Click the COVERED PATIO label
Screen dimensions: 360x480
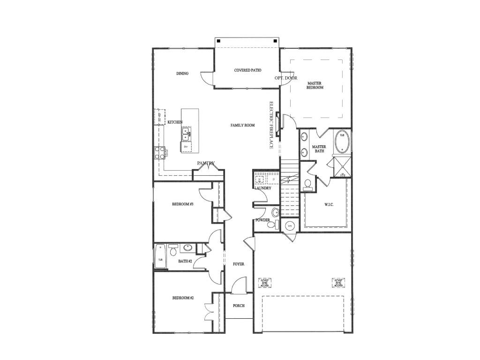tap(247, 70)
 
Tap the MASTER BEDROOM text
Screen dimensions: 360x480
tap(315, 85)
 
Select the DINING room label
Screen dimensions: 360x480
tap(182, 74)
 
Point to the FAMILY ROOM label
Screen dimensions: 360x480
tap(242, 125)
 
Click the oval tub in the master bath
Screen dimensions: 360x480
tap(342, 141)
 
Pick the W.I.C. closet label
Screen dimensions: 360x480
tap(329, 204)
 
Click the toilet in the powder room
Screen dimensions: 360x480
tap(271, 225)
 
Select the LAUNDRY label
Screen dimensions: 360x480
tap(262, 188)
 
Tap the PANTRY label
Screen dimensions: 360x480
tap(206, 163)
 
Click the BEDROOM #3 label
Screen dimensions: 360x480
tap(183, 204)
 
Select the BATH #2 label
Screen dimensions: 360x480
tap(184, 261)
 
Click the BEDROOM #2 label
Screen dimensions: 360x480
tap(183, 298)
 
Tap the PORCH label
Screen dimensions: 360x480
tap(239, 306)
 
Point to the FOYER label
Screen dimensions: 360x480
tap(239, 264)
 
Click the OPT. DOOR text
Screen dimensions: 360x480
tap(286, 78)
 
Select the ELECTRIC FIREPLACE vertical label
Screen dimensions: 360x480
tap(271, 125)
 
